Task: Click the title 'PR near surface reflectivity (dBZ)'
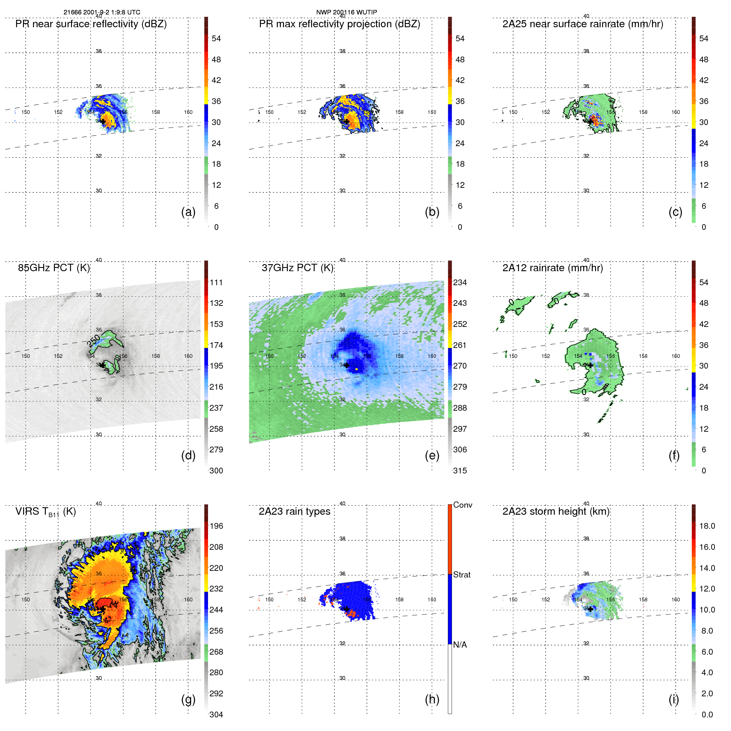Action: (x=91, y=24)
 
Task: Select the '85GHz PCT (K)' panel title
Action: (x=54, y=268)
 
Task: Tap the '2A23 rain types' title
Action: (x=294, y=511)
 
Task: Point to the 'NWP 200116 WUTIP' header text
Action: (x=346, y=12)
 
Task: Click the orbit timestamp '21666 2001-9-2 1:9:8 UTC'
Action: (x=102, y=12)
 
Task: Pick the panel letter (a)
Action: (x=188, y=212)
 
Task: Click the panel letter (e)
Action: (x=432, y=455)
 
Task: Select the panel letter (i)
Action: (x=674, y=699)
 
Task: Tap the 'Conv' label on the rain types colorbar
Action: (x=463, y=505)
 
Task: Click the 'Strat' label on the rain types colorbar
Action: (x=462, y=575)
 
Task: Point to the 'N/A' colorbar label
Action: (x=460, y=645)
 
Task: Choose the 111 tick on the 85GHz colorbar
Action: (x=216, y=282)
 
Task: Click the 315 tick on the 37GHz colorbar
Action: (x=460, y=471)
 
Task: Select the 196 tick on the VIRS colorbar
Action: (x=216, y=526)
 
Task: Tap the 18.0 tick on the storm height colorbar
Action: (x=707, y=526)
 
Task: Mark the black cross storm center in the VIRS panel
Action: (x=102, y=609)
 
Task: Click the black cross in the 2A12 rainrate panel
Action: (x=590, y=365)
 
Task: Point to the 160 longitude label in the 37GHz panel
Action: (x=432, y=356)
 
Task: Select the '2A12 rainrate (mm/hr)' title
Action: (x=553, y=268)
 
